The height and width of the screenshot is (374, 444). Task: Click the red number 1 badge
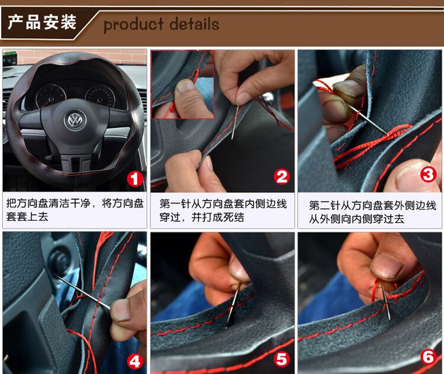134,179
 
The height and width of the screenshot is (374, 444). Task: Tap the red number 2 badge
282,177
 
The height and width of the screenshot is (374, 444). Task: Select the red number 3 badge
428,175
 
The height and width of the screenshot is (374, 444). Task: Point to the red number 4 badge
135,361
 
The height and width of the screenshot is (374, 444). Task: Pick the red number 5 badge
282,359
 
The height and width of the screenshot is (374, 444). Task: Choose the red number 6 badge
429,356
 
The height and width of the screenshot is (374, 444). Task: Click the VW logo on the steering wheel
75,119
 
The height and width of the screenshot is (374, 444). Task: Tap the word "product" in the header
134,25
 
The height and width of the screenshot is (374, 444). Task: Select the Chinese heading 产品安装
42,22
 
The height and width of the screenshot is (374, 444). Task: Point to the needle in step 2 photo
235,122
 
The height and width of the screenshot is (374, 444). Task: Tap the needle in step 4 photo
84,293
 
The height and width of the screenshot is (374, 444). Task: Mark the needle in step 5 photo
232,307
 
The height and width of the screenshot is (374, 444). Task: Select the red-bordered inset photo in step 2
183,85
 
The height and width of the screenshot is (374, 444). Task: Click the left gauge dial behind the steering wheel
51,97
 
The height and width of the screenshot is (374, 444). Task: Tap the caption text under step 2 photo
223,210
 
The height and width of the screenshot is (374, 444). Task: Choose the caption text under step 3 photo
372,212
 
